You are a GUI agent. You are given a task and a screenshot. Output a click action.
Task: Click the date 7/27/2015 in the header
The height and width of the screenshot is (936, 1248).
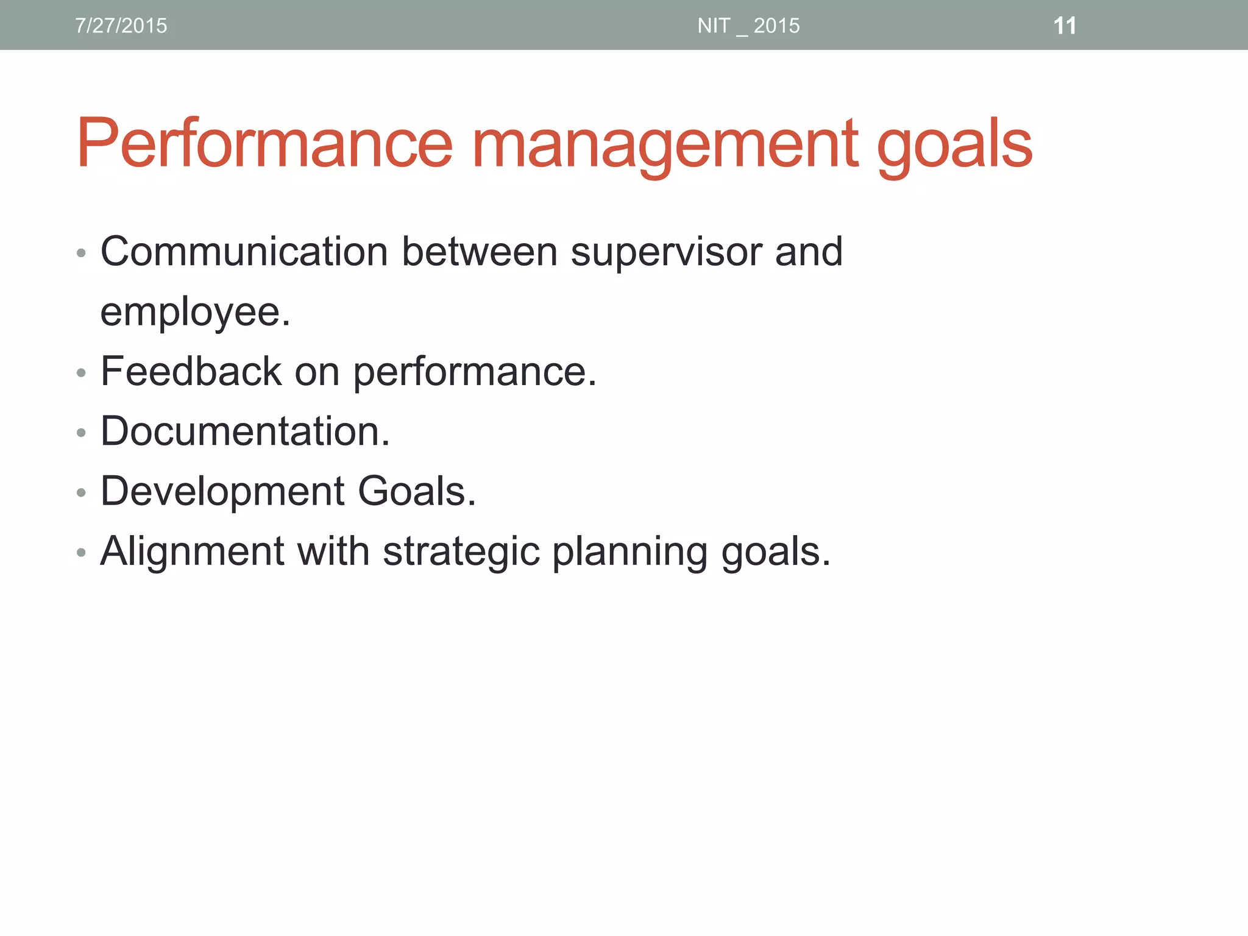pos(121,26)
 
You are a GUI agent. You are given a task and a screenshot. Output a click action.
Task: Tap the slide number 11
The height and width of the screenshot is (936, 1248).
pos(1065,26)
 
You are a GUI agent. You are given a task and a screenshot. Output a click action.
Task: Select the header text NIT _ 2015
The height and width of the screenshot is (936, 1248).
pos(748,26)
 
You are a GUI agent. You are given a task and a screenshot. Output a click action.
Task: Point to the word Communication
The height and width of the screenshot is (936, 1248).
pos(244,251)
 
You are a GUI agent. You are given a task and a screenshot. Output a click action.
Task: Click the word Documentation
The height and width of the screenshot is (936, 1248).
pos(245,431)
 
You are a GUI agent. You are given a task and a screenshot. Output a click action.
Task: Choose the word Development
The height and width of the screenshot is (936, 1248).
pos(222,492)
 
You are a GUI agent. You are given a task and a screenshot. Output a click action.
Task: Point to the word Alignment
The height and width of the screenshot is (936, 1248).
pos(192,551)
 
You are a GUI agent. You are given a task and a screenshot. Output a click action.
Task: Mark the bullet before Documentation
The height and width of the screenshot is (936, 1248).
pos(81,433)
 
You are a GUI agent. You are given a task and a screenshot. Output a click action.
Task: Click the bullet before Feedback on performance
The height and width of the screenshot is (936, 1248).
pos(81,373)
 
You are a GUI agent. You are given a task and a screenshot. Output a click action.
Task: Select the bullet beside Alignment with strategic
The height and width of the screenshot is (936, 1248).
pos(81,553)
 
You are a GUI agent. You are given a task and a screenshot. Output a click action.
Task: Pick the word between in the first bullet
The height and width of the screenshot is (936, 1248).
pos(480,251)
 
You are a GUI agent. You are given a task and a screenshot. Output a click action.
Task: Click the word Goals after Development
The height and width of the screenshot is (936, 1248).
pos(416,491)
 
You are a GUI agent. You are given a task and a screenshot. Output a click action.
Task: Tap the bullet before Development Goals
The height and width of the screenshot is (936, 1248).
pos(81,493)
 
